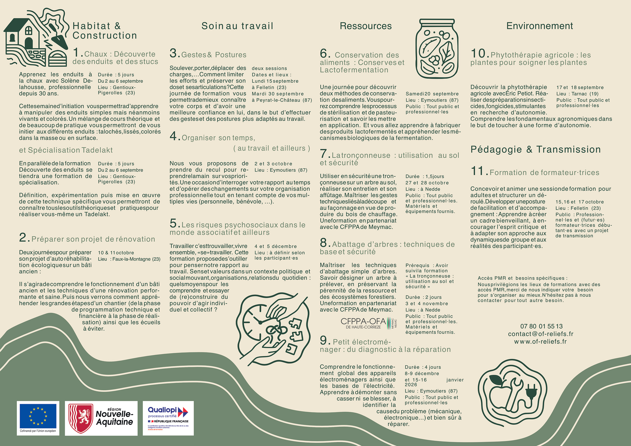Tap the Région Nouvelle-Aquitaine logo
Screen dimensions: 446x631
coord(101,418)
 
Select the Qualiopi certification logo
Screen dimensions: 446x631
coord(168,418)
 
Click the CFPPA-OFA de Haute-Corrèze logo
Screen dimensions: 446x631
coord(368,323)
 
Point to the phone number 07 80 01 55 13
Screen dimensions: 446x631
coord(541,326)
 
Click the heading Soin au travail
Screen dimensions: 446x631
coord(237,26)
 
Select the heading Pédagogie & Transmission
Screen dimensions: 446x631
coord(535,149)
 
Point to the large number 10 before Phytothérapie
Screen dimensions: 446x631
coord(479,53)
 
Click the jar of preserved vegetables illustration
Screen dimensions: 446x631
coord(437,49)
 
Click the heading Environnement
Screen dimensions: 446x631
coord(539,26)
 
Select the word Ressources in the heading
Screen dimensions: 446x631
coord(365,26)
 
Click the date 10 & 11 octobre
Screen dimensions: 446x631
coord(116,253)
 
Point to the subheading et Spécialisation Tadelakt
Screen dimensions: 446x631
coord(66,150)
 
